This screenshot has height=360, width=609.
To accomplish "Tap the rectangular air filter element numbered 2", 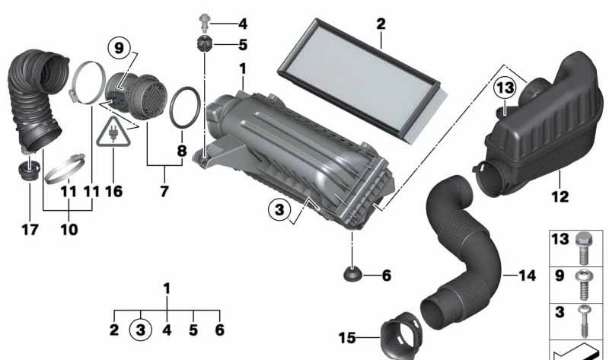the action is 359,80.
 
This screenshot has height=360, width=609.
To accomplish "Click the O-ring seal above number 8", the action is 185,107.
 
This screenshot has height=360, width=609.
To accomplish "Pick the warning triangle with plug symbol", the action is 113,132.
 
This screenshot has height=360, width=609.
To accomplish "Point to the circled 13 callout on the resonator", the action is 505,88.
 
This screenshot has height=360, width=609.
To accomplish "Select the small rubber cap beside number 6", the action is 352,273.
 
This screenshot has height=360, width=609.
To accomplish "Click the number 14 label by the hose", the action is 527,276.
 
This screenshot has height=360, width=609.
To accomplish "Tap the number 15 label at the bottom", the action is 347,337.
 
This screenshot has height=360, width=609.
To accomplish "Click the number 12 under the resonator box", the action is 560,196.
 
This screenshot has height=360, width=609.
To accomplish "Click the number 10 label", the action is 69,229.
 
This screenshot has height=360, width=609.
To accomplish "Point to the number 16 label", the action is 113,191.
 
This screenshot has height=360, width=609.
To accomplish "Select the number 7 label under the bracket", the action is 164,191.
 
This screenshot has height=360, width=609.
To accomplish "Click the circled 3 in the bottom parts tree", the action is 141,330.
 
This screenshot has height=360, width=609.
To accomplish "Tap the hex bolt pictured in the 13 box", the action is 582,247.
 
